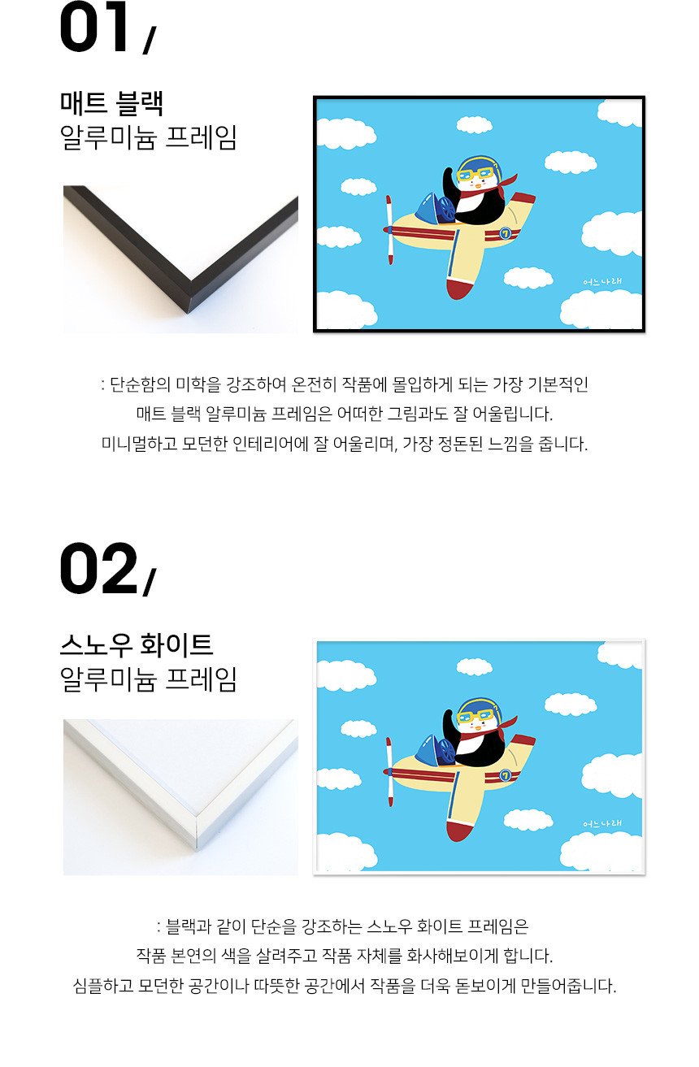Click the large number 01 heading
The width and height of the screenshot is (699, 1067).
[x=94, y=27]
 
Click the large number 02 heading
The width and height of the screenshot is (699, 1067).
[x=98, y=568]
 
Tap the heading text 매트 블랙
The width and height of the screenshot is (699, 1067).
[x=111, y=103]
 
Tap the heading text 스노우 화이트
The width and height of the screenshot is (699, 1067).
[x=137, y=644]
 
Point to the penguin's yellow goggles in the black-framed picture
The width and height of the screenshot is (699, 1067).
[x=474, y=175]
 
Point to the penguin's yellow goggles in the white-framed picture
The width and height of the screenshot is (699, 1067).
[x=474, y=716]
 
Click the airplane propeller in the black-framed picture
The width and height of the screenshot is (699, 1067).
[x=389, y=230]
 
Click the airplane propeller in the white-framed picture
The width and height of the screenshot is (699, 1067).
[x=389, y=771]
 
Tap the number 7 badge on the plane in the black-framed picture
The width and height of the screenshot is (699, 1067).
[x=505, y=233]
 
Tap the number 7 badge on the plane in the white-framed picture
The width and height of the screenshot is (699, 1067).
[x=505, y=775]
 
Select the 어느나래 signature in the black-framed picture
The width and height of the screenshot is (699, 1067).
[x=602, y=281]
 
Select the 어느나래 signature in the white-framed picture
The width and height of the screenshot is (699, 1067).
[x=602, y=823]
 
